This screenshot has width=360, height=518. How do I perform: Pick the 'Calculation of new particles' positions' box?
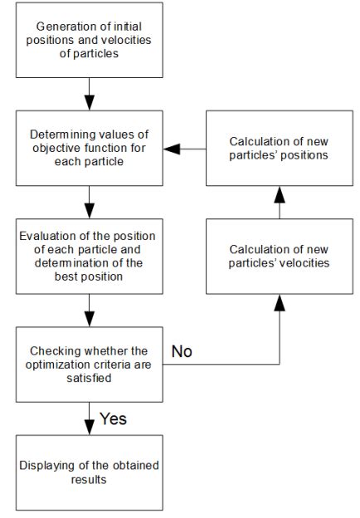[x=280, y=149]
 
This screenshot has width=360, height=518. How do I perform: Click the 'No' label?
[x=182, y=352]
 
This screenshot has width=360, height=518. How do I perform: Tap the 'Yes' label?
[x=113, y=419]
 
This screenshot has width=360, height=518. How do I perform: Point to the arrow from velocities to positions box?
[x=280, y=203]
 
